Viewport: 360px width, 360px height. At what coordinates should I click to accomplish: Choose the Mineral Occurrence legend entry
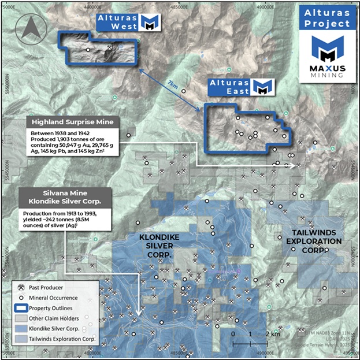(x=53, y=298)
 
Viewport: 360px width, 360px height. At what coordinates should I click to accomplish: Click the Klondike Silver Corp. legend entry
(x=57, y=329)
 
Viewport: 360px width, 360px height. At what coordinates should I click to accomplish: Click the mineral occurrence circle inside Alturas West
(x=88, y=50)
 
